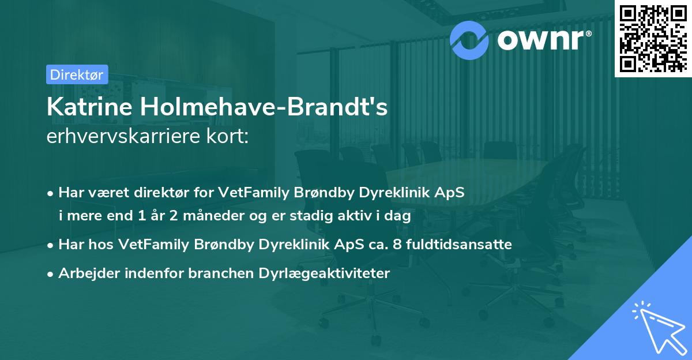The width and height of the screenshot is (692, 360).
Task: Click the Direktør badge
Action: click(76, 74)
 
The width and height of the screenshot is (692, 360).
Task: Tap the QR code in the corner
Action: click(653, 39)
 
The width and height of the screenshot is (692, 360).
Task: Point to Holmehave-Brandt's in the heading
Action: click(264, 107)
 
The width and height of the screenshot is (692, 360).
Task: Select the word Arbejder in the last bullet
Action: click(84, 273)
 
